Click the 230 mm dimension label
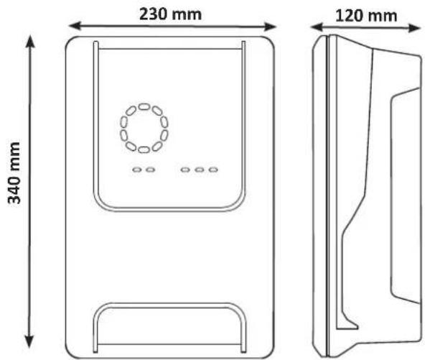(170, 14)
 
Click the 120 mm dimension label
(366, 16)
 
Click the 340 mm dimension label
(14, 172)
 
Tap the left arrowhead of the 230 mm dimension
(75, 26)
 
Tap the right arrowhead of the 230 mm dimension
(270, 27)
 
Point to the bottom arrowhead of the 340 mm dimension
(29, 341)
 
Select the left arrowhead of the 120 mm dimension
(316, 27)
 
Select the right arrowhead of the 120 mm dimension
(415, 28)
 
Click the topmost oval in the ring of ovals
(144, 106)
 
